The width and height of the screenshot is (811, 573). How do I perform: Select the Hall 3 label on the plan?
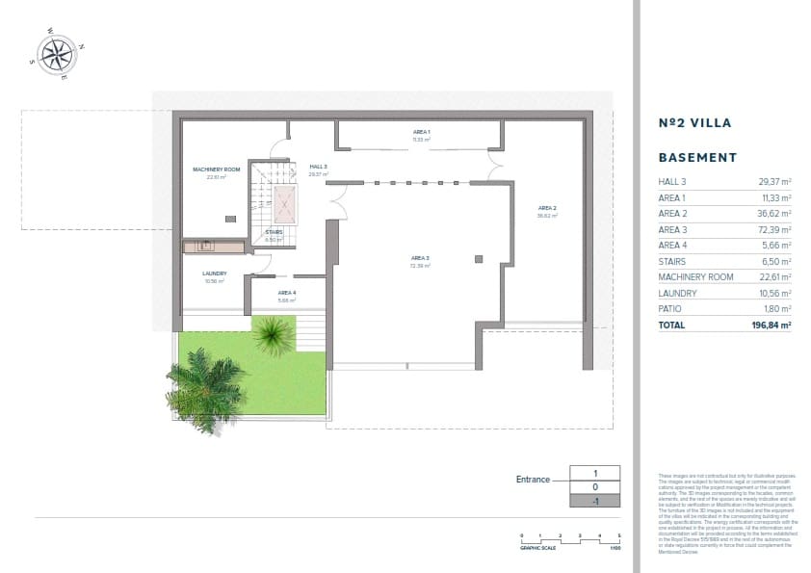pyautogui.click(x=319, y=167)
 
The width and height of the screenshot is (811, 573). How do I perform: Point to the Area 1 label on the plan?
pyautogui.click(x=421, y=131)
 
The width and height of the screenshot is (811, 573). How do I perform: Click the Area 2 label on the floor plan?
pyautogui.click(x=547, y=208)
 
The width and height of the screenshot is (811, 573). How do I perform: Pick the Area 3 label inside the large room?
pyautogui.click(x=420, y=258)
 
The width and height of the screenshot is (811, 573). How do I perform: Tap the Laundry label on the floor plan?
pyautogui.click(x=214, y=273)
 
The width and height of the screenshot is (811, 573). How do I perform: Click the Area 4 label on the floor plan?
pyautogui.click(x=287, y=292)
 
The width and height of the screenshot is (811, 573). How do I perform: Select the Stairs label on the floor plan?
pyautogui.click(x=274, y=232)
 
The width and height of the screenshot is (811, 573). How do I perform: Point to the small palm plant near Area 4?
pyautogui.click(x=275, y=335)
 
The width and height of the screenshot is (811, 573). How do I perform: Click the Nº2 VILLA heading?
pyautogui.click(x=694, y=123)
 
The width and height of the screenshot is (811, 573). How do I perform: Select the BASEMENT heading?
pyautogui.click(x=697, y=157)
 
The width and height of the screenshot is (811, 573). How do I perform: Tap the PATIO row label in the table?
pyautogui.click(x=672, y=309)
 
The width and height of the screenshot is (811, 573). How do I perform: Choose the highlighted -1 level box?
pyautogui.click(x=595, y=501)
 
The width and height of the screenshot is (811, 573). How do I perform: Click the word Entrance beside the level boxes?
pyautogui.click(x=533, y=479)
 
